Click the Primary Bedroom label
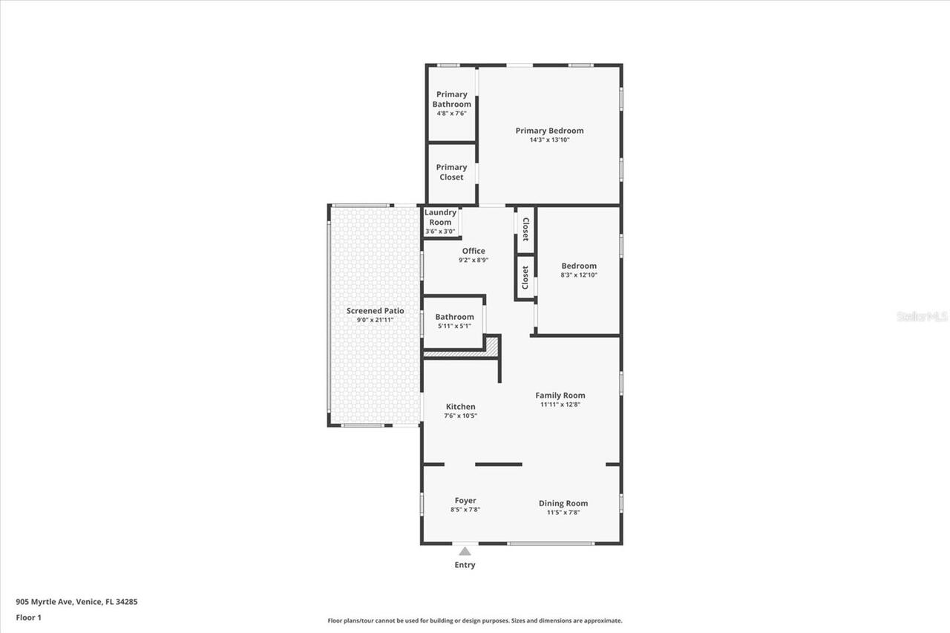(549, 131)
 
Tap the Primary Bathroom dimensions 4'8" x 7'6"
(451, 114)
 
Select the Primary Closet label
(451, 172)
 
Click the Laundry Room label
(440, 217)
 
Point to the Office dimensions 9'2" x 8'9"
(473, 260)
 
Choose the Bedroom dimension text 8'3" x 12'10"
(578, 275)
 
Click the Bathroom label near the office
(454, 317)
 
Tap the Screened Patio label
(375, 311)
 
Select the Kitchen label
(460, 407)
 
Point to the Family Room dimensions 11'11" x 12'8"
(560, 404)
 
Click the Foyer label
(465, 501)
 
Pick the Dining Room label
(563, 503)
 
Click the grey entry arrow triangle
(465, 551)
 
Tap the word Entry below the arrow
(465, 565)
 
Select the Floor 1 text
(28, 617)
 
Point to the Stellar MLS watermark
(922, 316)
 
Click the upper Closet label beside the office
(525, 229)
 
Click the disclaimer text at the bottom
(475, 620)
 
